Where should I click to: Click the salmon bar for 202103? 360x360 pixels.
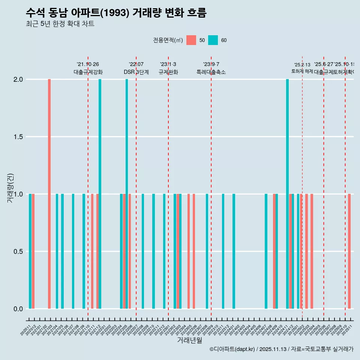tap(49, 194)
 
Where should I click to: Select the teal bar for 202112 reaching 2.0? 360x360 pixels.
tap(100, 194)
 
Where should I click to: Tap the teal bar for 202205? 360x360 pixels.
tap(127, 194)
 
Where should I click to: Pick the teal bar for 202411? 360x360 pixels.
tap(287, 194)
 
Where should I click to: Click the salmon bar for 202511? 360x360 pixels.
tap(349, 251)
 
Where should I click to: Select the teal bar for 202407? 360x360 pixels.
tap(266, 251)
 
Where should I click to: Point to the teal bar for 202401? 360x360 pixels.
tap(234, 251)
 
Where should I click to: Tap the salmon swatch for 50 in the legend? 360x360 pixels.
tap(191, 40)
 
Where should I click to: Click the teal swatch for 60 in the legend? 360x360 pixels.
tap(213, 40)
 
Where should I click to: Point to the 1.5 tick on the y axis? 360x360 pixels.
tap(18, 137)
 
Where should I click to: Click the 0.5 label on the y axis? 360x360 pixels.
tap(18, 251)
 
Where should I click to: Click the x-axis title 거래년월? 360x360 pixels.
tap(189, 340)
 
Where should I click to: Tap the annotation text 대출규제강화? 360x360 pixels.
tap(88, 72)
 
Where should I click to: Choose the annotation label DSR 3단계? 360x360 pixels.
tap(136, 72)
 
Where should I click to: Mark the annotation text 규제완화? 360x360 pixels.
tap(168, 72)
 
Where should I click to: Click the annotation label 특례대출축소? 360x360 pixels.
tap(211, 72)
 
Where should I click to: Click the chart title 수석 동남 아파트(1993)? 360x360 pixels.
tap(116, 13)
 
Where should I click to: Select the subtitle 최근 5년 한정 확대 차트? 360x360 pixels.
tap(60, 24)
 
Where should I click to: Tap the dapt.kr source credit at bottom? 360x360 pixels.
tap(281, 349)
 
